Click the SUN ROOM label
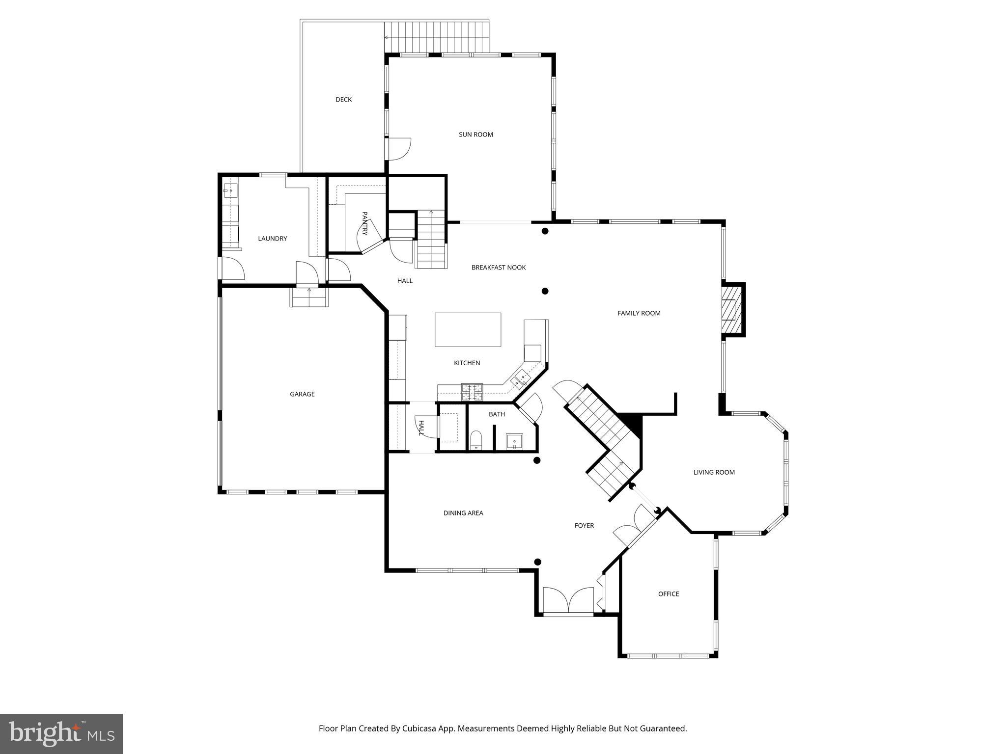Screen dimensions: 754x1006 pos(475,135)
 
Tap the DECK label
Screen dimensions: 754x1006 pos(343,100)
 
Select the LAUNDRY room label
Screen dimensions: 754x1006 pos(272,239)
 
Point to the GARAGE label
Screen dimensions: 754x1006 pos(302,394)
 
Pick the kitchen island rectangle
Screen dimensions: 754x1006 pos(468,329)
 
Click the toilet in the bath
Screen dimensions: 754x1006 pos(476,440)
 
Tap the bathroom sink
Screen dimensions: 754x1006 pos(514,442)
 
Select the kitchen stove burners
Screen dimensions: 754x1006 pos(472,390)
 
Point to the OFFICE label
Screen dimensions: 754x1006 pos(668,594)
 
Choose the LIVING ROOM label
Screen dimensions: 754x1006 pos(714,472)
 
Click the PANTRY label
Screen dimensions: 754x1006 pos(364,223)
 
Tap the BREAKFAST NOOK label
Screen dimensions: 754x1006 pos(498,268)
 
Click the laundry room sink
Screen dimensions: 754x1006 pos(230,190)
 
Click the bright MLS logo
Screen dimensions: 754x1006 pos(61,733)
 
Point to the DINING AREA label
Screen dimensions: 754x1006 pos(463,513)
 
